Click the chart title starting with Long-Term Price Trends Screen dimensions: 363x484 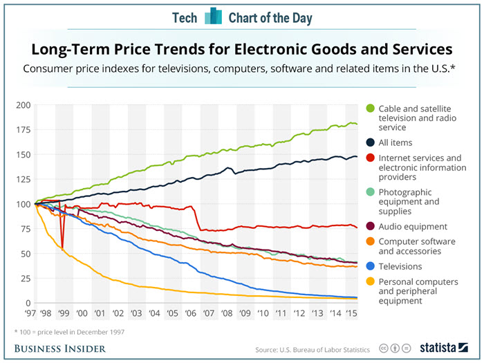pos(241,50)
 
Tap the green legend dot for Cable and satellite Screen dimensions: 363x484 pos(370,108)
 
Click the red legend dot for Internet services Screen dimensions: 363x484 pos(370,158)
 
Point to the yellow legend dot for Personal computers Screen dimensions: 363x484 pos(370,282)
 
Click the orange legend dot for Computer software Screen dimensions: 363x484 pos(370,241)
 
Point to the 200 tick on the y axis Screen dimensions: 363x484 pos(22,105)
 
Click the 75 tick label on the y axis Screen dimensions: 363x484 pos(24,229)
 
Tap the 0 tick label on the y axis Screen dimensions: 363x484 pos(27,304)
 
